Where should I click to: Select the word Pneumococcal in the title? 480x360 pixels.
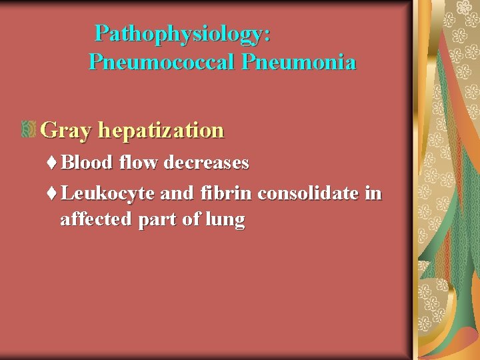162,63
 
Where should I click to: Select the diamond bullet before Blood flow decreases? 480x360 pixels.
53,162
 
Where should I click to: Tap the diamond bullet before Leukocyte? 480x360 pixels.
53,194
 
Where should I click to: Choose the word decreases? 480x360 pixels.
206,162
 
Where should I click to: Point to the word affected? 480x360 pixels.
95,219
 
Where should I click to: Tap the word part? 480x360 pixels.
157,220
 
